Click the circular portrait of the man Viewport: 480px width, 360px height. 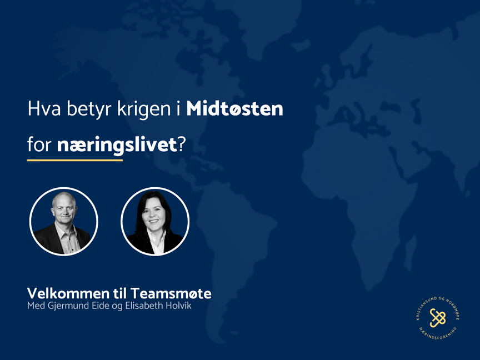(63, 221)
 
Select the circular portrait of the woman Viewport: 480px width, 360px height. (154, 221)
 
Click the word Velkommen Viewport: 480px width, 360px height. (62, 293)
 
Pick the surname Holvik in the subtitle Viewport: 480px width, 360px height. (176, 306)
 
